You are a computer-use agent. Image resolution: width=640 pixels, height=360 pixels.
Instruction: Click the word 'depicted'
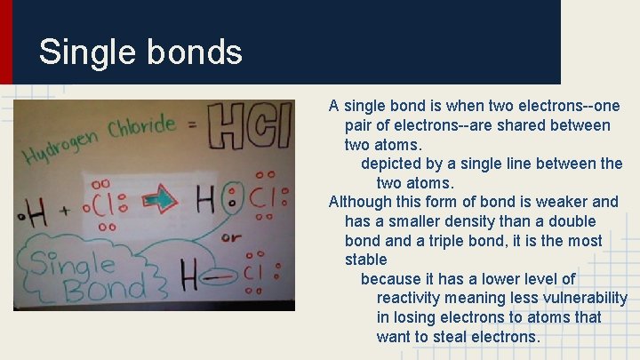392,164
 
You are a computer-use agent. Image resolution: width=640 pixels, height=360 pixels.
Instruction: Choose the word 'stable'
366,260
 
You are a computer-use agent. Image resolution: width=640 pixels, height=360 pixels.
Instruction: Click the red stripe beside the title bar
6,42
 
